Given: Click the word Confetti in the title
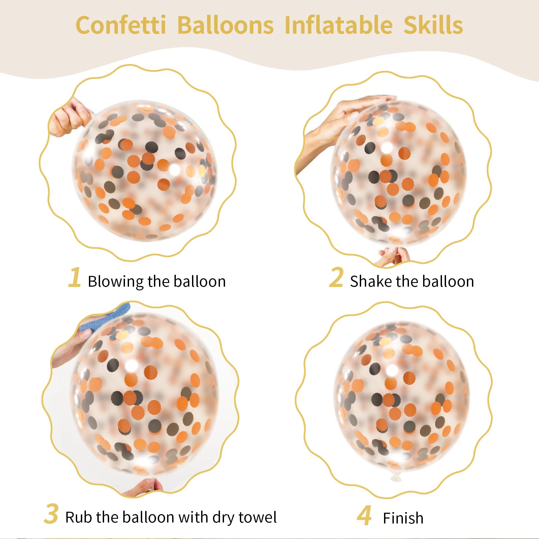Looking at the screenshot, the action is (121, 25).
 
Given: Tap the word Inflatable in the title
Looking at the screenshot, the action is (339, 25).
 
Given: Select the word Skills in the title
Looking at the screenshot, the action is (433, 25).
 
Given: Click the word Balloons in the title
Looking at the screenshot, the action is (225, 25).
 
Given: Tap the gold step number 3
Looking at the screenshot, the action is (51, 514).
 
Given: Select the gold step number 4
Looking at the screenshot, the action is (364, 515).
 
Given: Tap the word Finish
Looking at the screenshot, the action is (403, 518).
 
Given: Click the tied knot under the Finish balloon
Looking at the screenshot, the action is (395, 475).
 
